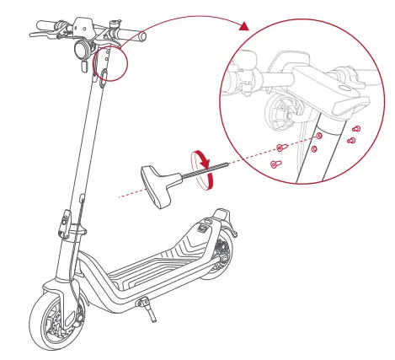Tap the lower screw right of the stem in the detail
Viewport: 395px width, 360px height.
coord(352,139)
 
